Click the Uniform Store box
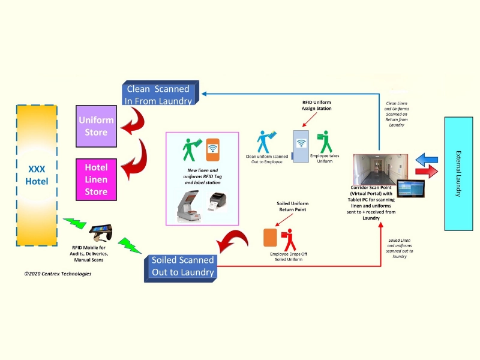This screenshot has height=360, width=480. (x=96, y=126)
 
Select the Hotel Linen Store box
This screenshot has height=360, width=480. (x=96, y=179)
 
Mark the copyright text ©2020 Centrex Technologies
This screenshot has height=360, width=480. (x=58, y=274)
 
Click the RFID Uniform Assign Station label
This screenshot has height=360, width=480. (x=316, y=106)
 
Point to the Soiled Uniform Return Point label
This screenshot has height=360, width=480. (x=292, y=207)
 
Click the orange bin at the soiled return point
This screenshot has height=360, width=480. (x=270, y=236)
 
